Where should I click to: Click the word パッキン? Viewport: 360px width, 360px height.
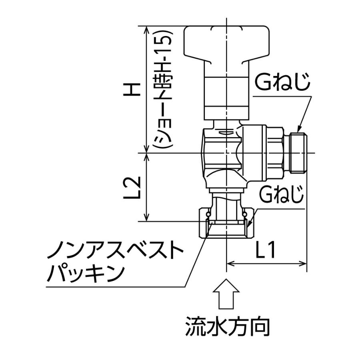pyautogui.click(x=86, y=274)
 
